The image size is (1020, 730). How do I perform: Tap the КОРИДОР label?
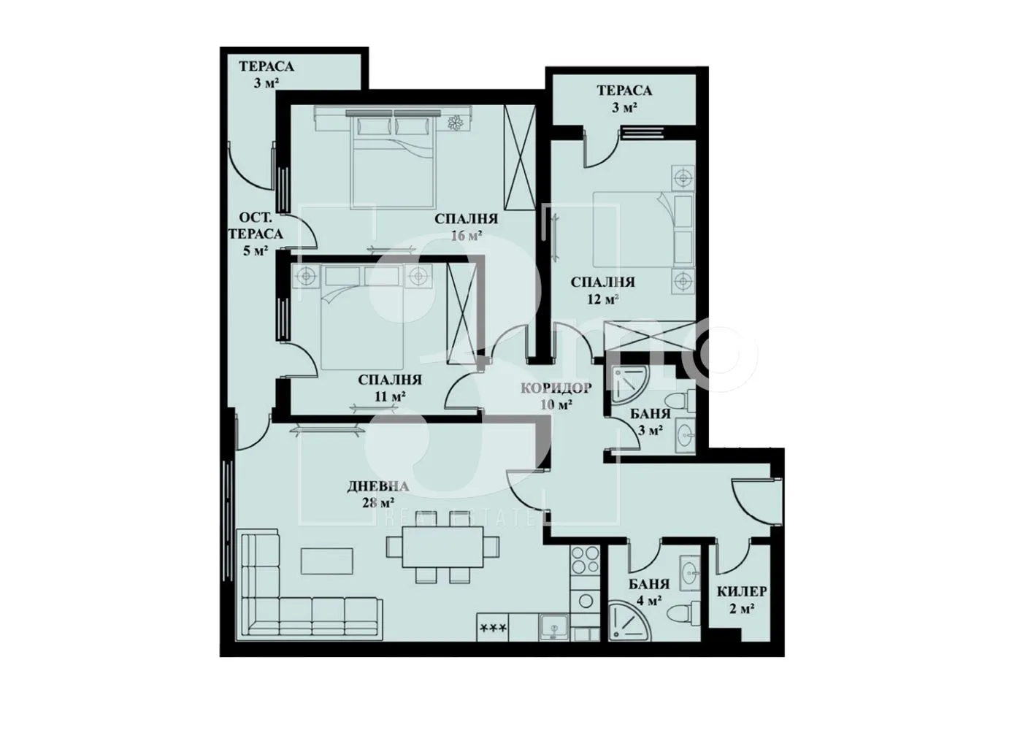[x=556, y=388]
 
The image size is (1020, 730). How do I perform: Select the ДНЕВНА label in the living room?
[x=378, y=487]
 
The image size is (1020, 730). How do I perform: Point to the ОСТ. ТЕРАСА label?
[x=256, y=226]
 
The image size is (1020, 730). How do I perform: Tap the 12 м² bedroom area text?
[x=602, y=299]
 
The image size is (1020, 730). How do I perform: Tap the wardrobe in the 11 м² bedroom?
[x=461, y=312]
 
